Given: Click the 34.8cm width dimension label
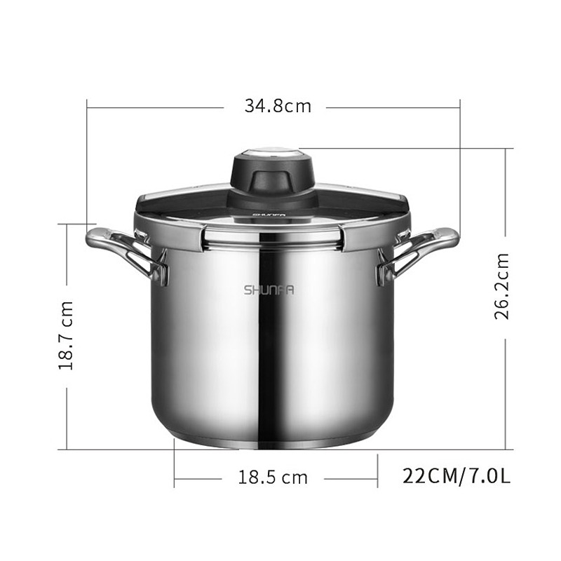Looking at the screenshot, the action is [278, 107].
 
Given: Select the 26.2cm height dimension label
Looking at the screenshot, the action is [501, 286].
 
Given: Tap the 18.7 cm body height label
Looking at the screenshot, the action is [66, 335].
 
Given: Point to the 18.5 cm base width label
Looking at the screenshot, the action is [273, 478].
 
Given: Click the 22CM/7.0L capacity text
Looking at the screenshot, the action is [457, 476].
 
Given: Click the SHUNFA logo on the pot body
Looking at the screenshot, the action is [269, 290].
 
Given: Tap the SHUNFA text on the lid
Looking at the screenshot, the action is [269, 215].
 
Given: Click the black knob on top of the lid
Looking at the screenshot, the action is [269, 176].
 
